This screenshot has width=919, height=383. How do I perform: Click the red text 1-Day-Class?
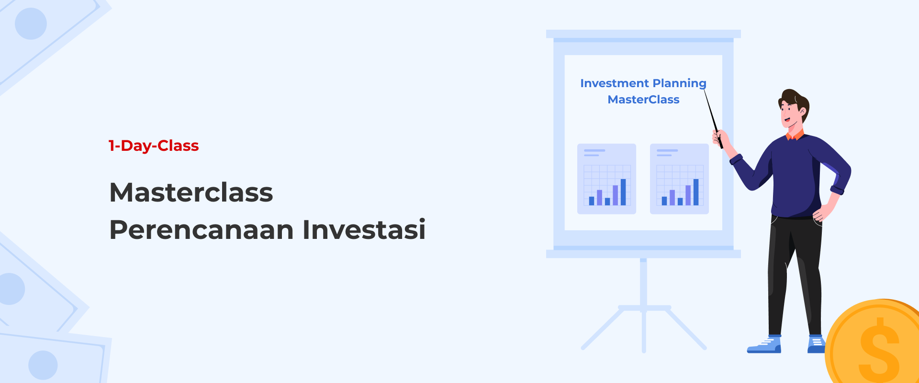coord(154,146)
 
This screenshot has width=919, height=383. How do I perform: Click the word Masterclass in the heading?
coord(191,192)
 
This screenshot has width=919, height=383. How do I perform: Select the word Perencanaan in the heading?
coord(202,229)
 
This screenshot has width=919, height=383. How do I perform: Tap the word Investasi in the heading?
coord(364,229)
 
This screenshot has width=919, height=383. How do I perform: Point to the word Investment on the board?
coord(614,83)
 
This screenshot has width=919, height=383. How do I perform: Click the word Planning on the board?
coord(680,84)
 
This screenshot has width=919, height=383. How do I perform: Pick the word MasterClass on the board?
coord(643,100)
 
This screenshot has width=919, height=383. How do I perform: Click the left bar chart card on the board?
coord(606,179)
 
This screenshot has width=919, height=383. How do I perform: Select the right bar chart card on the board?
coord(679,179)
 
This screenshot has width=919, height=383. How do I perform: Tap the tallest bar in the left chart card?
coord(623,192)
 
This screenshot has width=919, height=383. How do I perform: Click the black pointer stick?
coord(713,118)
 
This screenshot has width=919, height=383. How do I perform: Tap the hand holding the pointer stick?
coord(720,140)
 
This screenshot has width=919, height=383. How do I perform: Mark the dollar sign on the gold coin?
coord(880,348)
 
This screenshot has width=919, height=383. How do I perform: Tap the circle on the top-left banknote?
coord(31,23)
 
